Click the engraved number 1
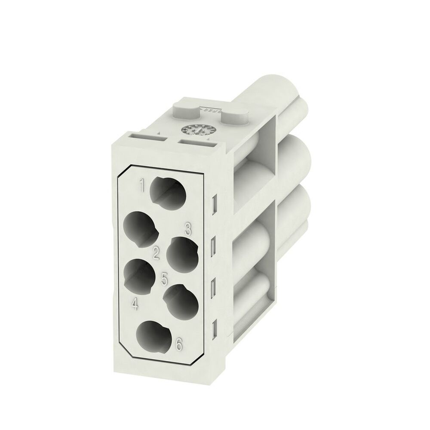coord(141,186)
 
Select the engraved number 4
coord(135,305)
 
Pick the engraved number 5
coord(164,279)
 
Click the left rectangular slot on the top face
coord(146,137)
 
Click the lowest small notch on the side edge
coord(214,329)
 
